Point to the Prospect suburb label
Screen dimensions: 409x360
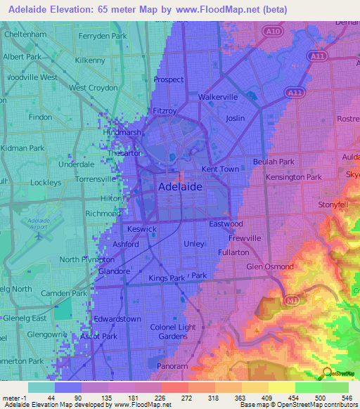pos(169,80)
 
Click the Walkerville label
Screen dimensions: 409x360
pos(219,96)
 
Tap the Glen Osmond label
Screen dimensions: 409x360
pos(270,266)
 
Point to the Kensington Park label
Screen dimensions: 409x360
pos(294,177)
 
